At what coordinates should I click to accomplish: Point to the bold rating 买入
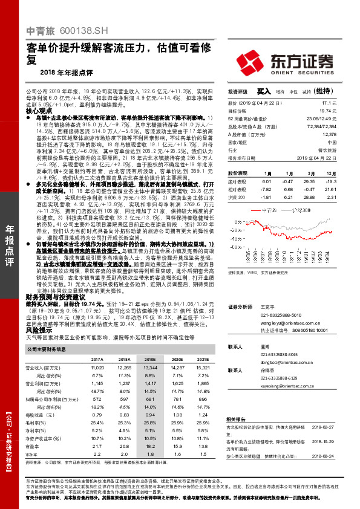[x=263, y=91]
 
